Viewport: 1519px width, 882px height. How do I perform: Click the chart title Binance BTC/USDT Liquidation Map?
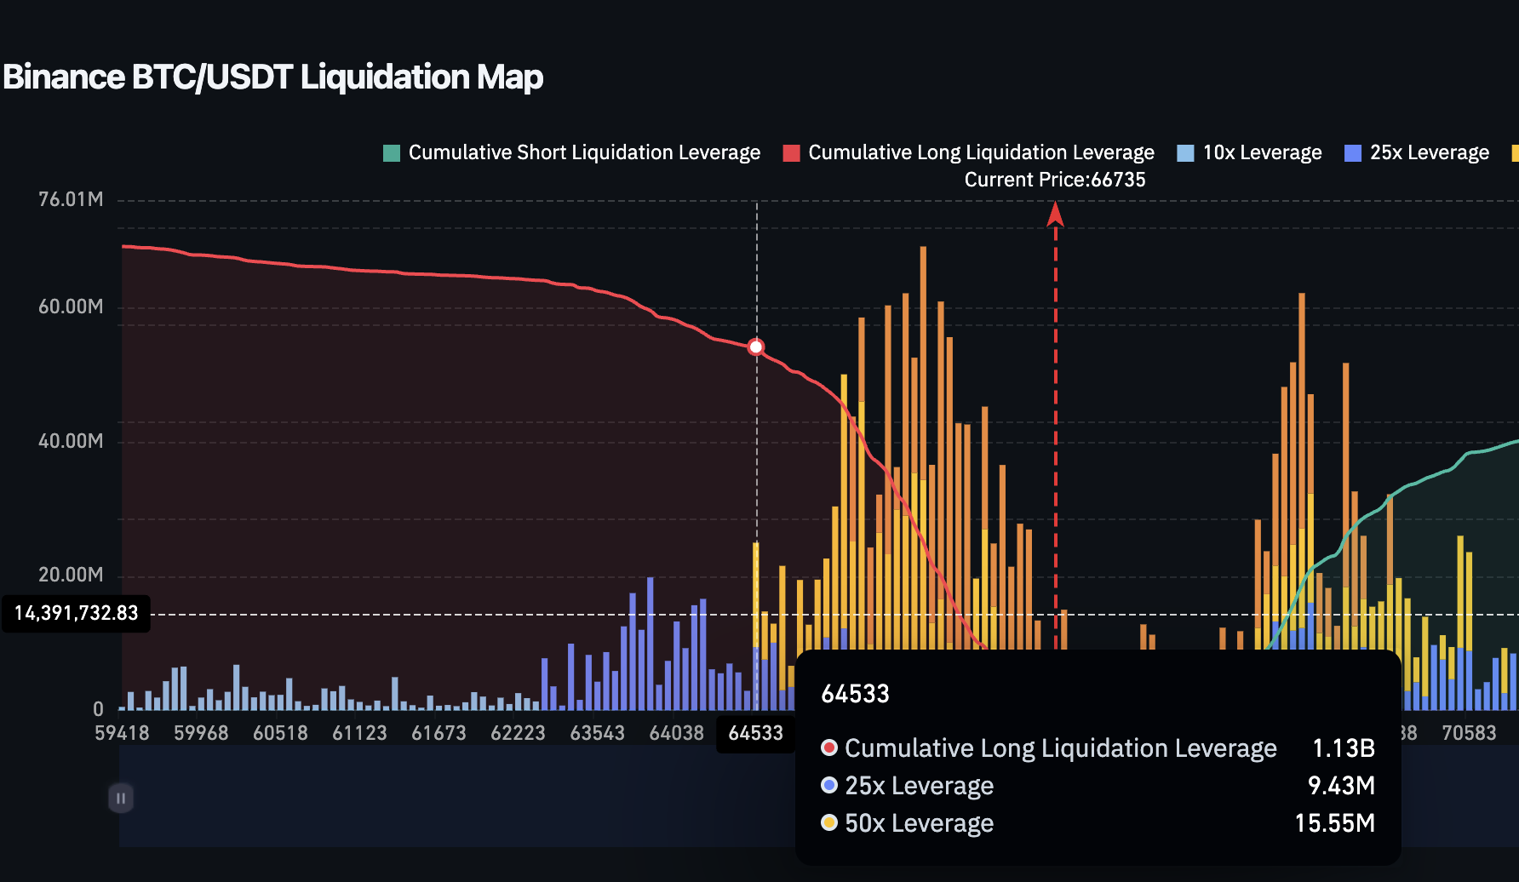pos(272,77)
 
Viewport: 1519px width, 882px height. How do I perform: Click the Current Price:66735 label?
pos(1054,180)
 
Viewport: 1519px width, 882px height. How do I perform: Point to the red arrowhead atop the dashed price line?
pos(1055,214)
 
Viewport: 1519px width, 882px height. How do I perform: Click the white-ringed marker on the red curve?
pos(756,346)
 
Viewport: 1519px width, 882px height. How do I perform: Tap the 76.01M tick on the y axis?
pos(71,199)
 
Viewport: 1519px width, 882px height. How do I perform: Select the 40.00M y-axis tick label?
pos(71,441)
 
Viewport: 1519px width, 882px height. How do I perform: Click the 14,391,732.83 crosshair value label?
pos(76,613)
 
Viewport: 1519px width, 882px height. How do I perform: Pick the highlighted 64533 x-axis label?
pos(755,733)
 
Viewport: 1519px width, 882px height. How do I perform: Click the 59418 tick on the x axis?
pos(122,733)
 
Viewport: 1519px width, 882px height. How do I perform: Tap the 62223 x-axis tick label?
pos(518,733)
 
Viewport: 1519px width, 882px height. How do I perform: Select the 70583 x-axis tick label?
pos(1468,733)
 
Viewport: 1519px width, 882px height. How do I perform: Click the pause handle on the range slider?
pos(121,798)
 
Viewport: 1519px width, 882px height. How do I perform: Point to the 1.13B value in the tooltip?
pos(1343,747)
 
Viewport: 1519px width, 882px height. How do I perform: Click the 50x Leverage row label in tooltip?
pos(918,823)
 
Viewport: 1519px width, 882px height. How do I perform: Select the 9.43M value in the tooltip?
pos(1341,785)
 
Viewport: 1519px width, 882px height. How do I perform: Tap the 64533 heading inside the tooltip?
pos(855,694)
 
